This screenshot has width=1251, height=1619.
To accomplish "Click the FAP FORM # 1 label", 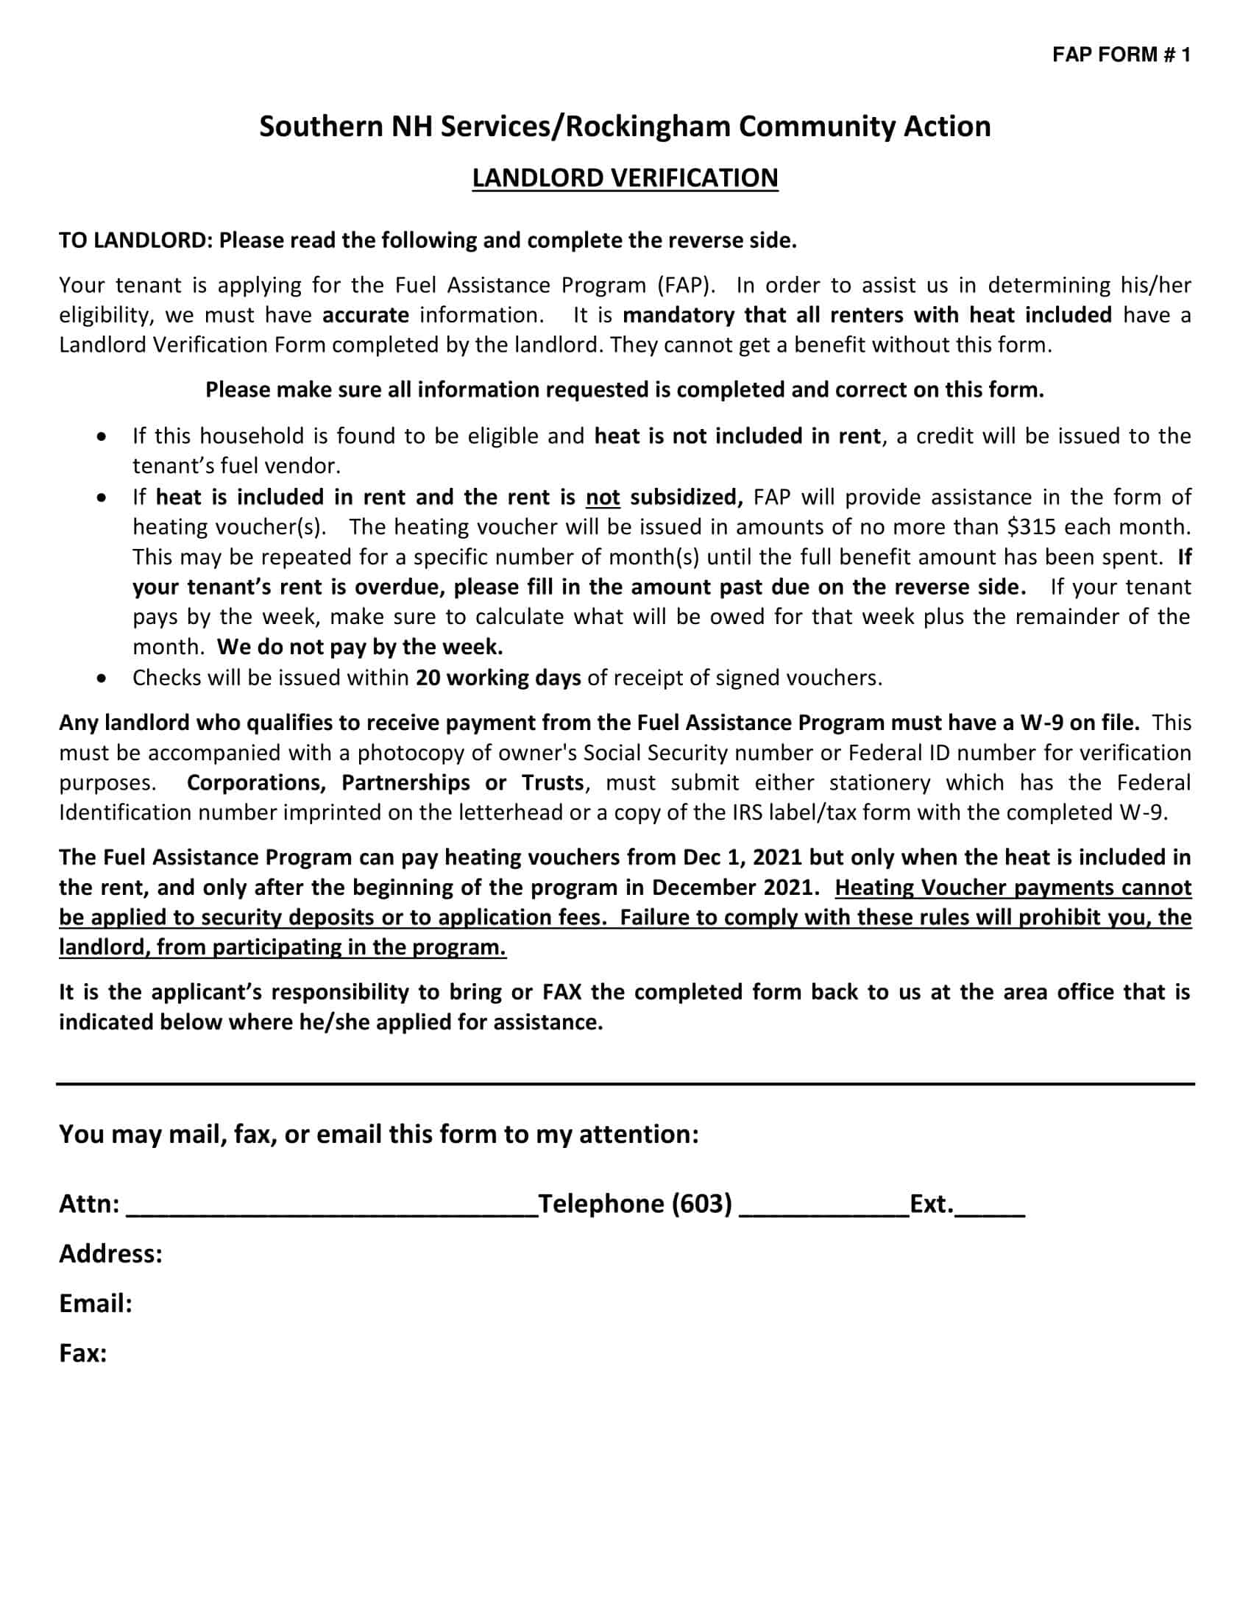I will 1121,55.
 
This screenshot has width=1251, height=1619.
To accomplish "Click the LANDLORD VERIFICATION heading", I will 625,178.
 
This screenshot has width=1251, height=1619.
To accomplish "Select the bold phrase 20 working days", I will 498,678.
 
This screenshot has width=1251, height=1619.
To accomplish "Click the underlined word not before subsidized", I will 603,497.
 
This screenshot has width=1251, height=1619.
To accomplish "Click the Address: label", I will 110,1253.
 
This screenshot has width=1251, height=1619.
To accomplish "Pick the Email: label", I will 96,1303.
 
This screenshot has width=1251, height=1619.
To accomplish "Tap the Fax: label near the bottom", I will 83,1353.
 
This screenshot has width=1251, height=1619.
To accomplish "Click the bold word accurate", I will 366,315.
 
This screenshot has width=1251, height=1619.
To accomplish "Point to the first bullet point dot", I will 102,436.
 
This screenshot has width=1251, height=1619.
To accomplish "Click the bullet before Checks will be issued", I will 102,679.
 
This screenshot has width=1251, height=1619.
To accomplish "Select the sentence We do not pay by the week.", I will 360,647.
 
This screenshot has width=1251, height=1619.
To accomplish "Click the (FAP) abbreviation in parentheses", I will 681,286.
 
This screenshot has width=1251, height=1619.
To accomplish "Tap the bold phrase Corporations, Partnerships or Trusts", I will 386,783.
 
